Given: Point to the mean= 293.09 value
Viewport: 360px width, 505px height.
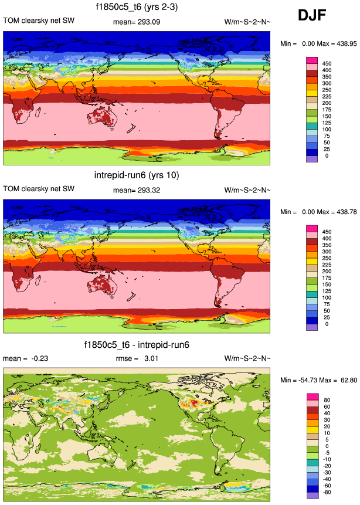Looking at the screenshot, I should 135,22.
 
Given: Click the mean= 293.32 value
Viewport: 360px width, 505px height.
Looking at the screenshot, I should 135,189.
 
